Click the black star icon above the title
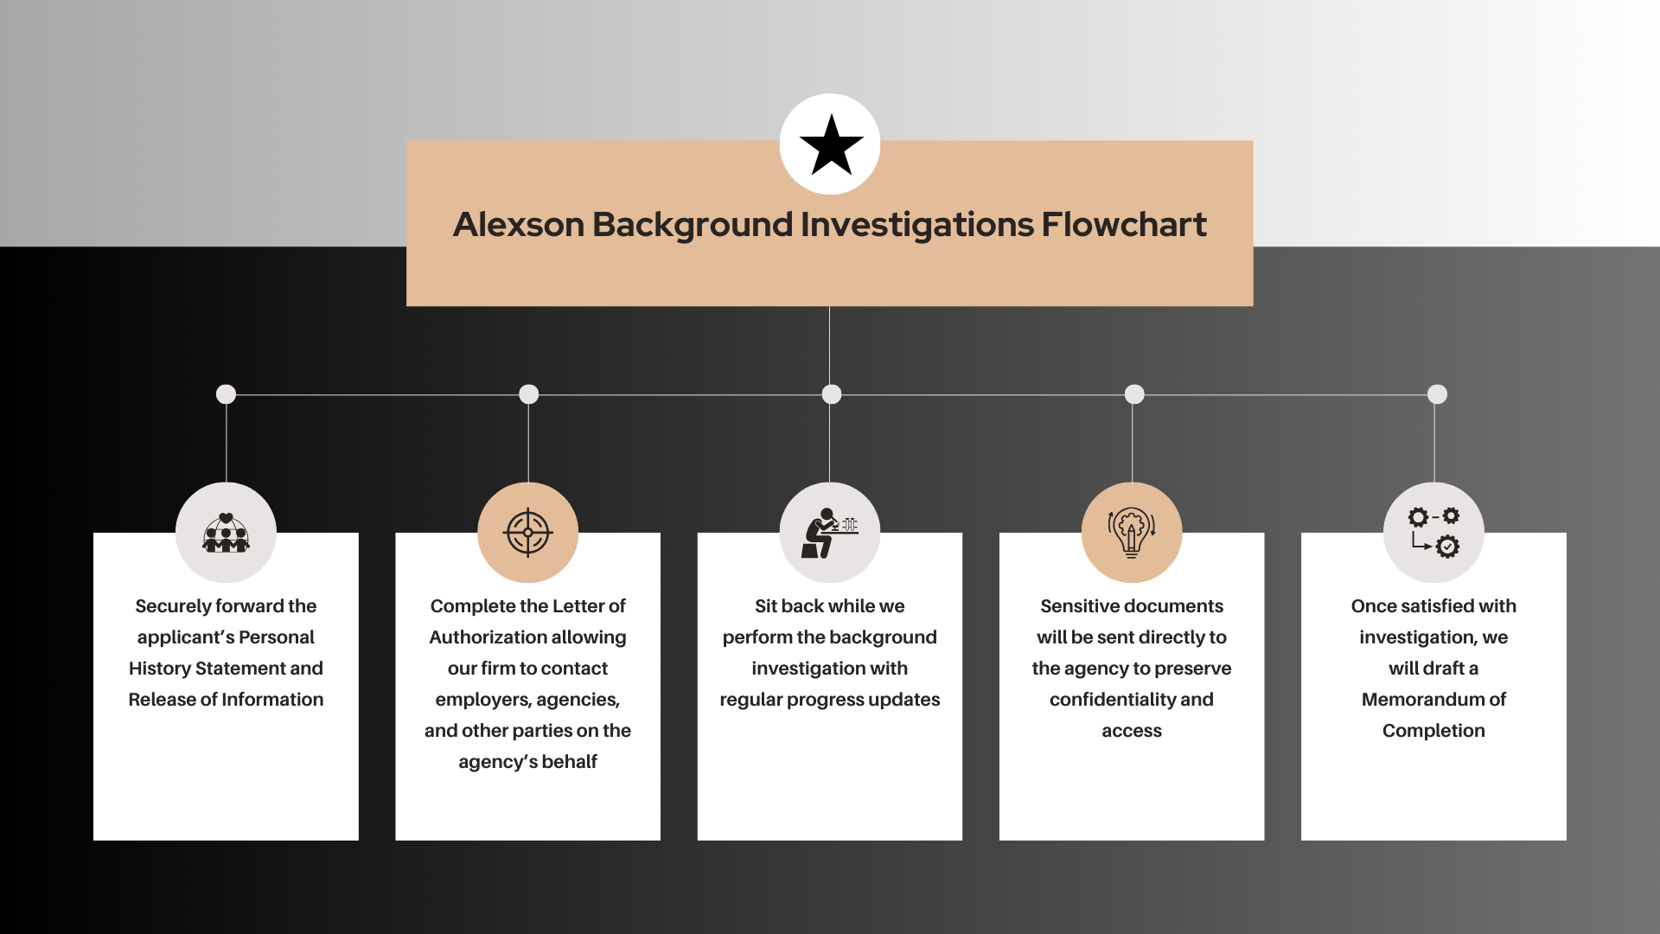pyautogui.click(x=831, y=144)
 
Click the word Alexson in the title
pyautogui.click(x=519, y=225)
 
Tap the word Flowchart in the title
pyautogui.click(x=1123, y=225)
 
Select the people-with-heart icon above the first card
pyautogui.click(x=226, y=533)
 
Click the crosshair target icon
pyautogui.click(x=527, y=533)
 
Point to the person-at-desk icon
pyautogui.click(x=829, y=533)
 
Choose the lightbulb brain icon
pyautogui.click(x=1131, y=533)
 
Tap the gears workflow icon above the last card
pyautogui.click(x=1433, y=533)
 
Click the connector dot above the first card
pyautogui.click(x=226, y=394)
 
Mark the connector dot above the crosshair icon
pyautogui.click(x=528, y=394)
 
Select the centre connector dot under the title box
pyautogui.click(x=831, y=394)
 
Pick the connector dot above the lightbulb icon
pyautogui.click(x=1134, y=394)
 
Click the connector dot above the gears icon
pyautogui.click(x=1437, y=394)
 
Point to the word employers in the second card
pyautogui.click(x=482, y=700)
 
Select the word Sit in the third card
pyautogui.click(x=765, y=606)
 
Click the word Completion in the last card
pyautogui.click(x=1433, y=731)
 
